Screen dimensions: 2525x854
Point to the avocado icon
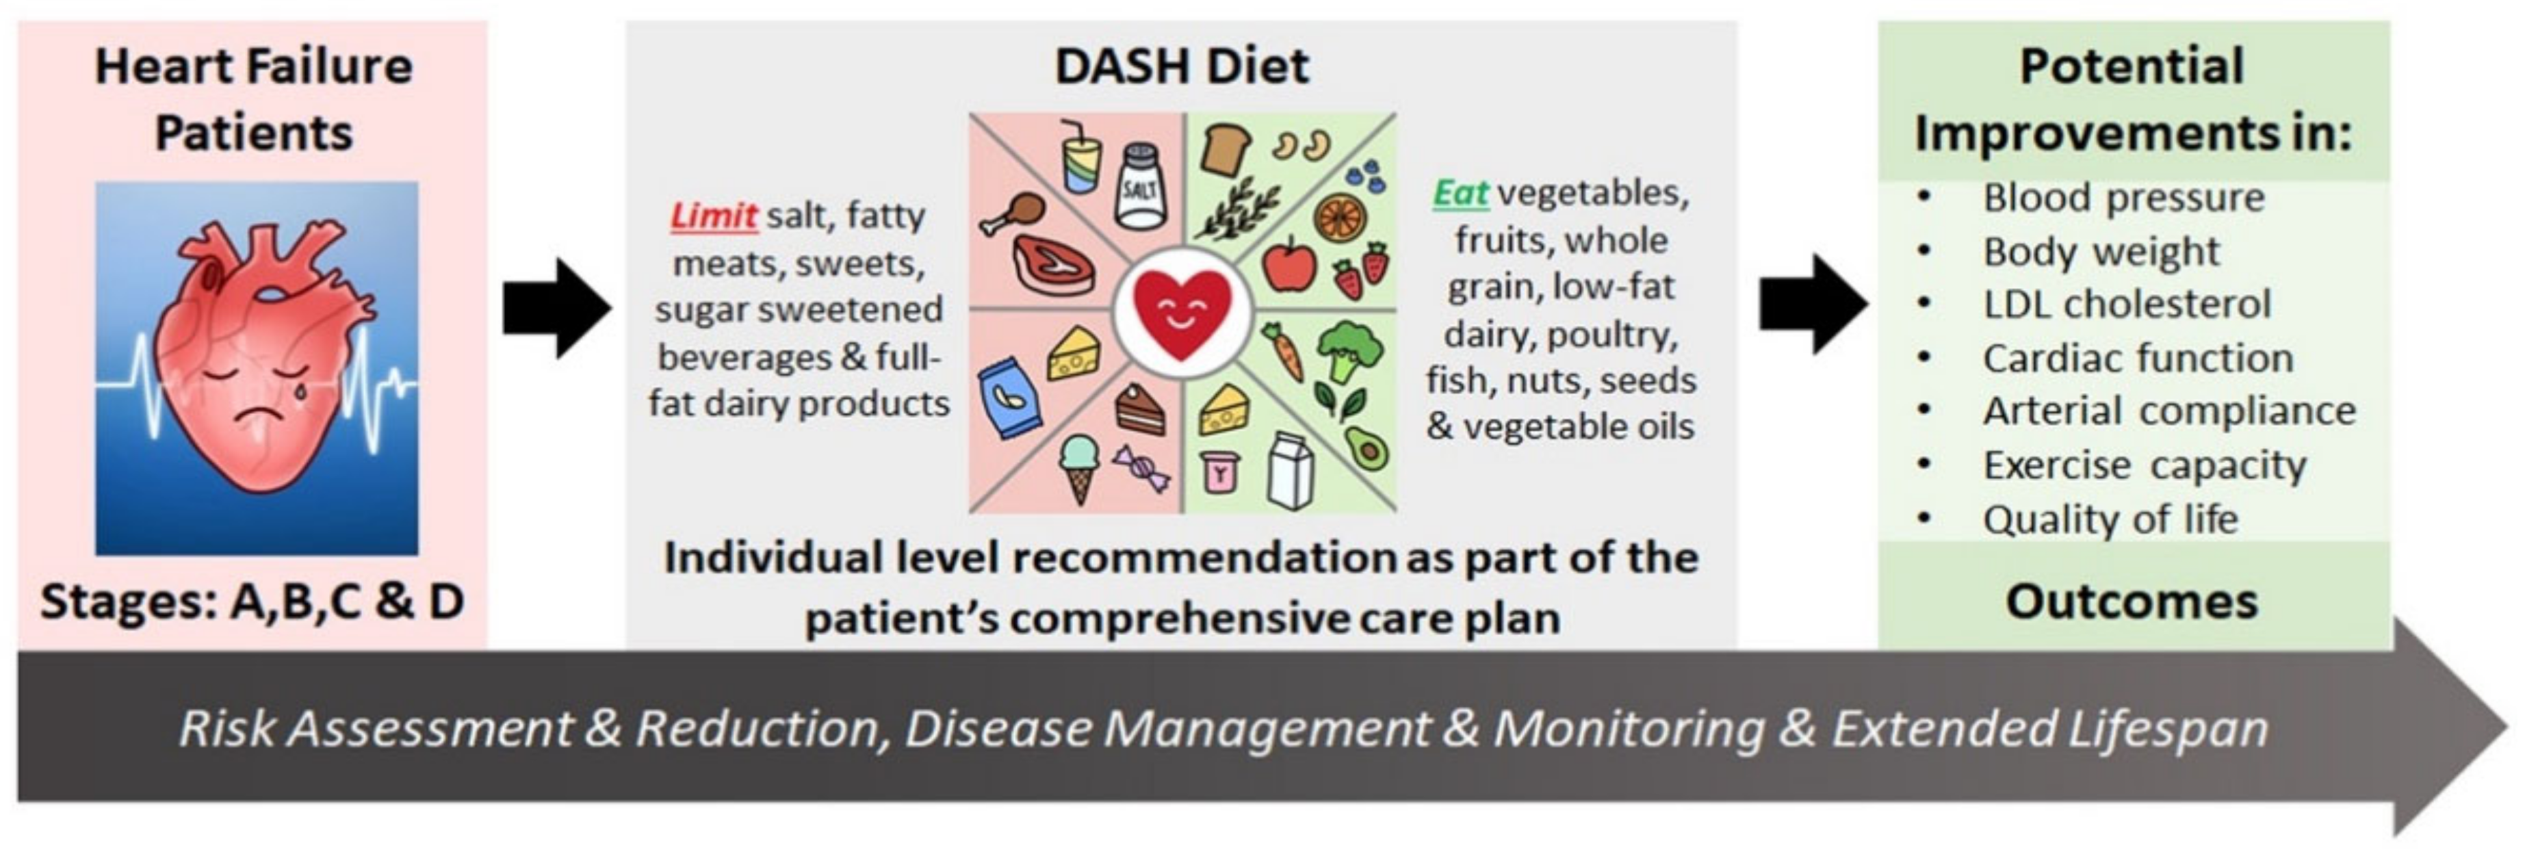[x=1365, y=448]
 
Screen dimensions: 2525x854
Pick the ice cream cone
[x=1079, y=469]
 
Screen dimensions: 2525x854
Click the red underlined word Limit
[x=714, y=215]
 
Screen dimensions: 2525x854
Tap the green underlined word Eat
[x=1460, y=193]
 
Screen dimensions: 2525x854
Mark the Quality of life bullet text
[x=2110, y=519]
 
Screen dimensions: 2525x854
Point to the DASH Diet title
[x=1181, y=66]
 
